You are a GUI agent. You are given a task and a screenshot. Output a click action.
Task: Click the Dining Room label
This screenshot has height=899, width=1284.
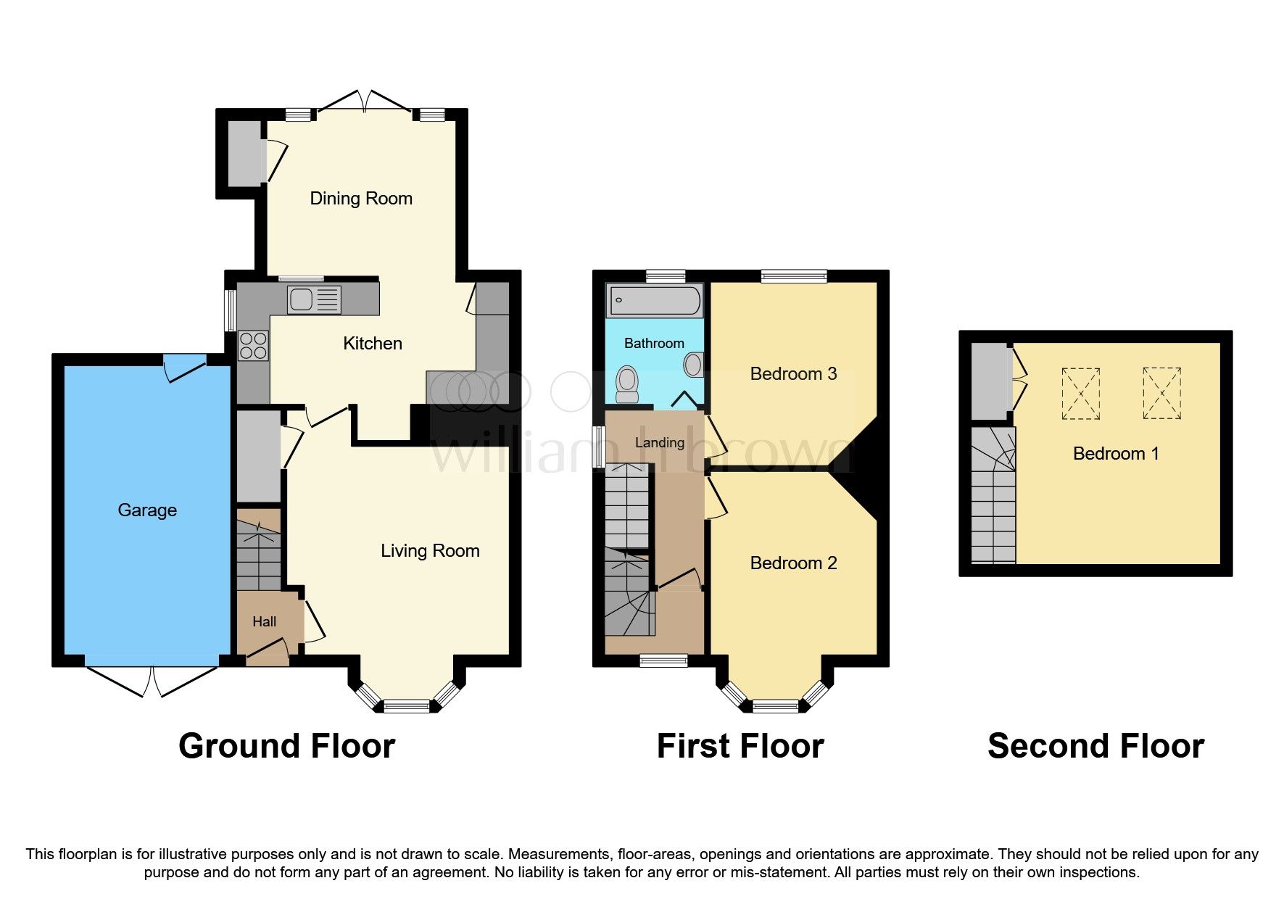[361, 199]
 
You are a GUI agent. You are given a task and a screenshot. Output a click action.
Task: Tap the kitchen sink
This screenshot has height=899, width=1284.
[314, 300]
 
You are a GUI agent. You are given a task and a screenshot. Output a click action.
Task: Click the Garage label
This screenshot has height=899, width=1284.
[147, 510]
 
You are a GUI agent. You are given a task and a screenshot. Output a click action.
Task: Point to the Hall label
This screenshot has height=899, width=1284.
[265, 621]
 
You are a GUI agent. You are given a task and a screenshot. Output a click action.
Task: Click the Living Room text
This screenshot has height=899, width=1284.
[430, 551]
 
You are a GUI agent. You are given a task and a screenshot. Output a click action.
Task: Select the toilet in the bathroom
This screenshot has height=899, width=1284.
[626, 384]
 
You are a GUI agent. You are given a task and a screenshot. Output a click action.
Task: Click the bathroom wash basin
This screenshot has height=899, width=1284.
[694, 364]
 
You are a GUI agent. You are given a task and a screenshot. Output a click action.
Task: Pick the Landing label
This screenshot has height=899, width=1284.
[660, 443]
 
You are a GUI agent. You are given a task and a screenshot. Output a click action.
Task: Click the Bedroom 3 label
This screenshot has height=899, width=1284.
[793, 374]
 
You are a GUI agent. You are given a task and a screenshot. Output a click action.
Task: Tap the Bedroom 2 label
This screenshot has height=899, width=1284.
[793, 563]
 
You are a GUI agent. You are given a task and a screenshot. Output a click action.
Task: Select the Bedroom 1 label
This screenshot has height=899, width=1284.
[1116, 454]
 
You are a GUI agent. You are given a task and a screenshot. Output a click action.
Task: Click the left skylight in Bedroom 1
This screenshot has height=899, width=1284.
[1081, 394]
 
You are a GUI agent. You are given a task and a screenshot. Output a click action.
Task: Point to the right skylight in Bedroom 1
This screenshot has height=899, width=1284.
[1162, 393]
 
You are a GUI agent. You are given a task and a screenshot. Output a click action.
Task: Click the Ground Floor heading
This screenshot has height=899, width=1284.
[287, 746]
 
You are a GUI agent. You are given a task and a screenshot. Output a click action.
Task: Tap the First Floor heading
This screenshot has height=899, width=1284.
[740, 746]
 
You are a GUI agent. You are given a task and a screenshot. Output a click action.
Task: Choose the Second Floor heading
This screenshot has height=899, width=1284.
[1095, 746]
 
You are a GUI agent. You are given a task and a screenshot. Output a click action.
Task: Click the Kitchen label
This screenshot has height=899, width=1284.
[373, 344]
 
